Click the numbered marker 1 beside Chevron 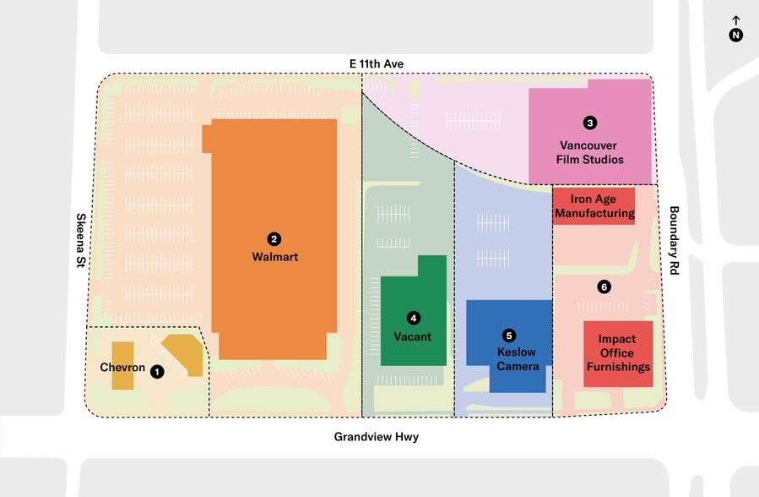point(157,370)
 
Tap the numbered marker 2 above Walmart point(274,239)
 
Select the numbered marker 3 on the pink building point(590,123)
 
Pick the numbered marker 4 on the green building point(413,318)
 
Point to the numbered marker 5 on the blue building point(508,335)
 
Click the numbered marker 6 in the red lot point(604,287)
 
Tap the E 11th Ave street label point(377,64)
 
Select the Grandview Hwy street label point(377,437)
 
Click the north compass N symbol point(736,35)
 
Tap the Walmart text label point(274,257)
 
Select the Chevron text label point(122,368)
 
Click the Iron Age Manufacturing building point(594,206)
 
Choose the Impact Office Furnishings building point(618,354)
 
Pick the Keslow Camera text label point(518,359)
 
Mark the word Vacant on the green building point(412,336)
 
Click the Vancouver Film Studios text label point(590,152)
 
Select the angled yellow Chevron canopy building point(185,353)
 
